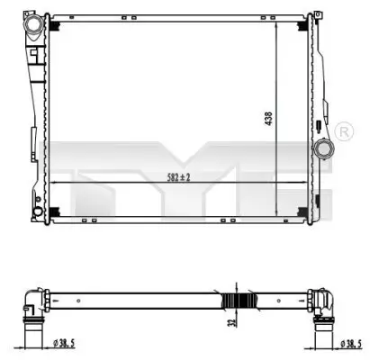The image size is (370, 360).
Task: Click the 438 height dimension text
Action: [267, 118]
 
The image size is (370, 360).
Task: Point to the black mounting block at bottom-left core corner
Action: [55, 212]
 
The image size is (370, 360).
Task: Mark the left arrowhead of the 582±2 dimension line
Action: [53, 183]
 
